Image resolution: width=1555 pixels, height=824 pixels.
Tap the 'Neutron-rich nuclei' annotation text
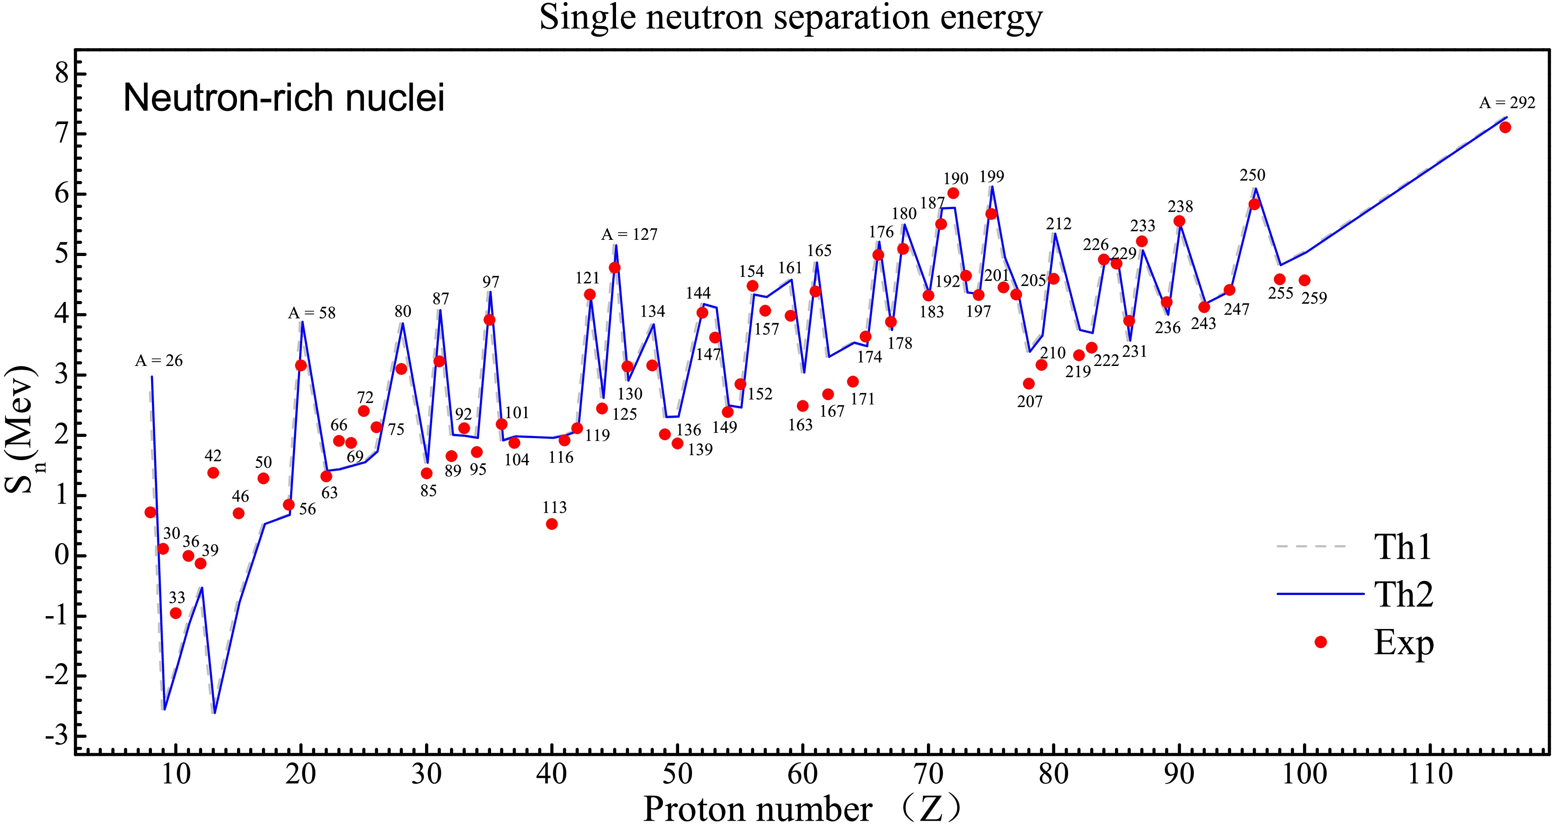pyautogui.click(x=284, y=98)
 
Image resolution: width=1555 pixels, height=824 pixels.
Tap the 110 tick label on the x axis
pyautogui.click(x=1430, y=774)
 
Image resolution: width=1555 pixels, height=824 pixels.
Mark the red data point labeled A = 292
pyautogui.click(x=1505, y=127)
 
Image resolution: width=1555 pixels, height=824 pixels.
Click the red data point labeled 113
pyautogui.click(x=552, y=524)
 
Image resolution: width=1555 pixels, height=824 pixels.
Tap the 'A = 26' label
pyautogui.click(x=158, y=361)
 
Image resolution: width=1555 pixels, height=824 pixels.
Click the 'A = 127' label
pyautogui.click(x=629, y=234)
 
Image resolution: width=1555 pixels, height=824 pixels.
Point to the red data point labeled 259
pyautogui.click(x=1304, y=280)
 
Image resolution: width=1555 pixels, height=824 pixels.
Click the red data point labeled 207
pyautogui.click(x=1029, y=384)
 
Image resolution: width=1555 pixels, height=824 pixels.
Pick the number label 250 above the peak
pyautogui.click(x=1252, y=176)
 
